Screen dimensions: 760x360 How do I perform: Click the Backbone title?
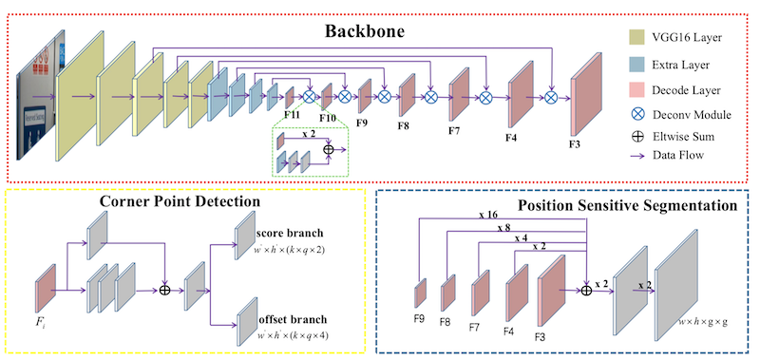(365, 31)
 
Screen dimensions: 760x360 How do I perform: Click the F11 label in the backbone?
(292, 115)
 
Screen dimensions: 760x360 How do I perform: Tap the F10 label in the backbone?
(328, 117)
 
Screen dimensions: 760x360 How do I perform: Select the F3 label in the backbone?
(576, 143)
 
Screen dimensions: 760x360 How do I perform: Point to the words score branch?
(290, 233)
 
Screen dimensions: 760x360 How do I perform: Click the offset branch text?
(292, 320)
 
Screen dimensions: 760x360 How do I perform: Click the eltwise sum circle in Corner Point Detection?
(165, 291)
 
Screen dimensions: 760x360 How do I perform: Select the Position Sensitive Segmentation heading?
(628, 205)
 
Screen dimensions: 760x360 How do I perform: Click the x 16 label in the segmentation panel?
(488, 215)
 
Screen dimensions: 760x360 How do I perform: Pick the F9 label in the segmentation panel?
(418, 319)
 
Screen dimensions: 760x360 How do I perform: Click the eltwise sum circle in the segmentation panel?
(586, 291)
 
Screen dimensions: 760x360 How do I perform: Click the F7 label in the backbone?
(455, 130)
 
